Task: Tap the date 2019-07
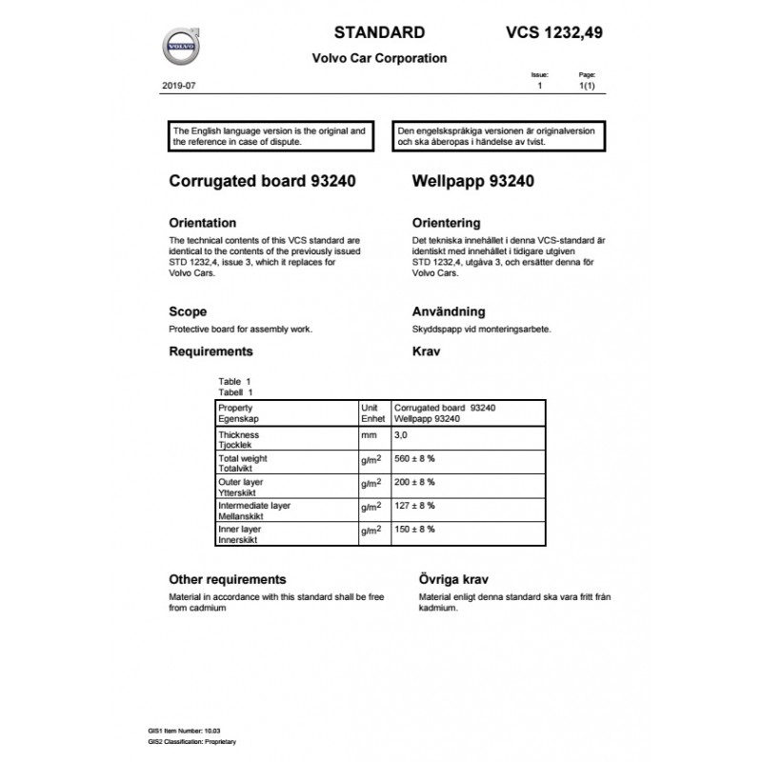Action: click(x=178, y=87)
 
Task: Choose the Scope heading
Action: click(x=188, y=311)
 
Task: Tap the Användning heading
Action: click(x=449, y=311)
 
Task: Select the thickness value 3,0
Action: click(x=400, y=435)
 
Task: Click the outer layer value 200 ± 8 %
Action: click(x=414, y=484)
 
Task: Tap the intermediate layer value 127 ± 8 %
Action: click(x=414, y=507)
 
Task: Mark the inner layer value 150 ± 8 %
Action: click(x=414, y=530)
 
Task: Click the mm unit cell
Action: click(x=370, y=435)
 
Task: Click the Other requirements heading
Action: click(x=227, y=579)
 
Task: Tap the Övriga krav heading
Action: click(x=456, y=579)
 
